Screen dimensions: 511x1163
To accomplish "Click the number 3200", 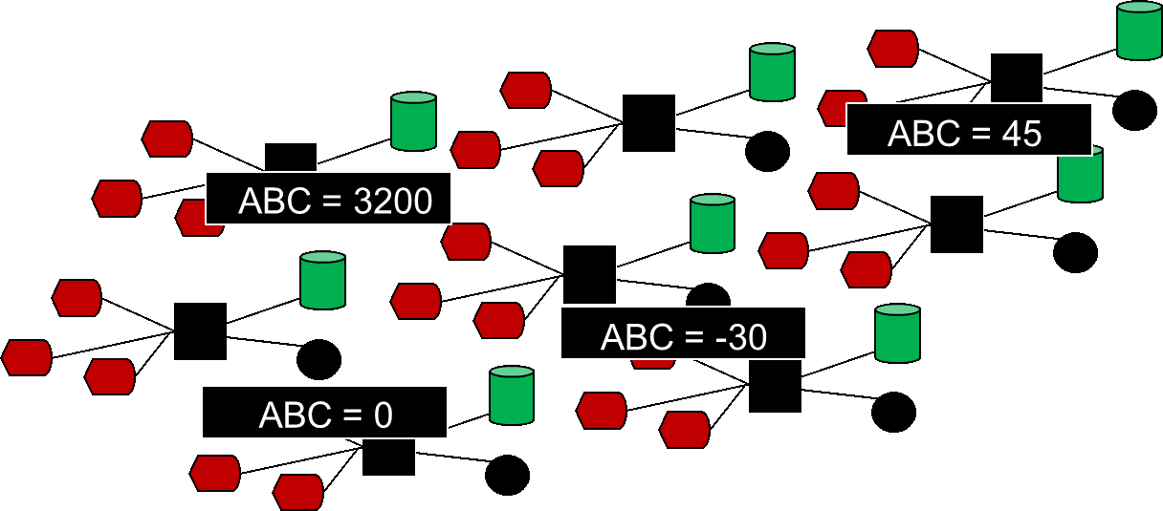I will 393,202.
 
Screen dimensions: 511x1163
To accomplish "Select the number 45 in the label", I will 1021,134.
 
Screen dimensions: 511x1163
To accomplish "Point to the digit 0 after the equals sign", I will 383,415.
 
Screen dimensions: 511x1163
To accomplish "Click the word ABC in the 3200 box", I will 274,202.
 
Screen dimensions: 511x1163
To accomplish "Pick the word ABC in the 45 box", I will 924,134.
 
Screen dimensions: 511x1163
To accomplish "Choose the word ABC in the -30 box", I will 637,337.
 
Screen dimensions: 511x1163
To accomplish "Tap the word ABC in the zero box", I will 295,415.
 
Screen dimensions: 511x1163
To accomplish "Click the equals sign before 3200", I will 332,202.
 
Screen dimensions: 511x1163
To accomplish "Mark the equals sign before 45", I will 980,134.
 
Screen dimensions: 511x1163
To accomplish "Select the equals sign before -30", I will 693,337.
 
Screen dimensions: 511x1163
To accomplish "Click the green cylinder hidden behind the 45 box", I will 1081,179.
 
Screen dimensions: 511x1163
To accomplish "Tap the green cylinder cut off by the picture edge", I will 1139,31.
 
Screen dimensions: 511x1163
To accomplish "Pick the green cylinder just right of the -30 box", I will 897,333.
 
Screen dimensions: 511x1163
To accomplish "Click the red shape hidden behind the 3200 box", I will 191,219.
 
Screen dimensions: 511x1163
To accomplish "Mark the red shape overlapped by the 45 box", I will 834,107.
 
